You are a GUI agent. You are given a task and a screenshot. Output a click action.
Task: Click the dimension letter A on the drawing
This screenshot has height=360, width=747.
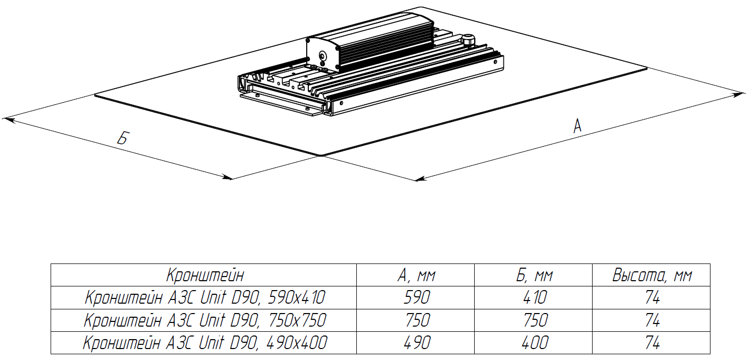click(x=577, y=126)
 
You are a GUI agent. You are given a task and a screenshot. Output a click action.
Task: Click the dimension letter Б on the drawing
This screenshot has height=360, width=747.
click(x=123, y=138)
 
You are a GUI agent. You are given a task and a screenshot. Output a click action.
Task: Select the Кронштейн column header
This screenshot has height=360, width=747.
click(x=205, y=275)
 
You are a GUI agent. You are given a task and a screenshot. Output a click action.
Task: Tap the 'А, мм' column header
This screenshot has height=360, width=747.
click(x=416, y=275)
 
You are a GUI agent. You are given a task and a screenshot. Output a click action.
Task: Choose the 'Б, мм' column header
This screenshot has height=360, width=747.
click(x=534, y=275)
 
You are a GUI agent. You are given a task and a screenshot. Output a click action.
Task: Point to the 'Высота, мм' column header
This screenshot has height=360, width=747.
click(x=652, y=275)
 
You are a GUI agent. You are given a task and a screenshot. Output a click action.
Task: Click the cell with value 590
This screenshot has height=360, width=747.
click(x=416, y=297)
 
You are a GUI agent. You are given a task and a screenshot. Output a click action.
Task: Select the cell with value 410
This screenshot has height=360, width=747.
click(x=535, y=297)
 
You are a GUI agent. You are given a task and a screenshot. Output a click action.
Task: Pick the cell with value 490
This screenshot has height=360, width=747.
click(x=416, y=343)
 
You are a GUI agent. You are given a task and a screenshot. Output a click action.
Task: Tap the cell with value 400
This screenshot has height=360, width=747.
click(x=535, y=343)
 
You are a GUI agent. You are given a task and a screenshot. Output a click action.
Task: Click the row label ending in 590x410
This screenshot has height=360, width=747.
click(x=205, y=297)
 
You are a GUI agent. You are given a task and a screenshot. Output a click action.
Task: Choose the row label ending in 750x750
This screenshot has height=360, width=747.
click(x=205, y=320)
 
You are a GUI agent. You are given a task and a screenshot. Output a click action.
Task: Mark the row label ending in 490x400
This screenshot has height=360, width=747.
click(x=205, y=343)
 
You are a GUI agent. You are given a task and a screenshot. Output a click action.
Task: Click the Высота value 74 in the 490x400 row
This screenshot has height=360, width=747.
click(x=652, y=343)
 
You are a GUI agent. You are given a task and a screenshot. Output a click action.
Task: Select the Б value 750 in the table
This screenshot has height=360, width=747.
click(x=535, y=320)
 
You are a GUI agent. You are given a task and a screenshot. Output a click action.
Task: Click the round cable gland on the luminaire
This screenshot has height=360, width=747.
click(x=467, y=39)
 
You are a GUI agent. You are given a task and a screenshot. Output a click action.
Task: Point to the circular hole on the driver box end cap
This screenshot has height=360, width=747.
click(x=323, y=55)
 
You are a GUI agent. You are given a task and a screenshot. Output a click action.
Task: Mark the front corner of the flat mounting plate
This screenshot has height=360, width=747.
click(x=321, y=155)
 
